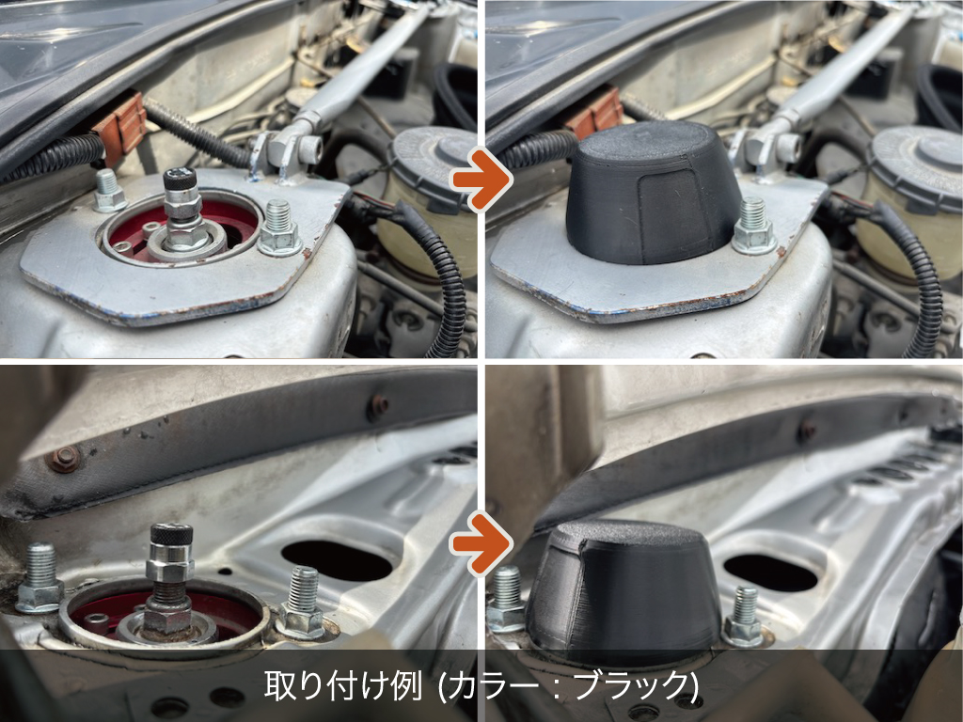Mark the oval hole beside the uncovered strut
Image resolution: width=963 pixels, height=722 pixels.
[337, 560]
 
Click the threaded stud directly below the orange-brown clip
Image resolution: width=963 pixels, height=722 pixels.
[108, 191]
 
